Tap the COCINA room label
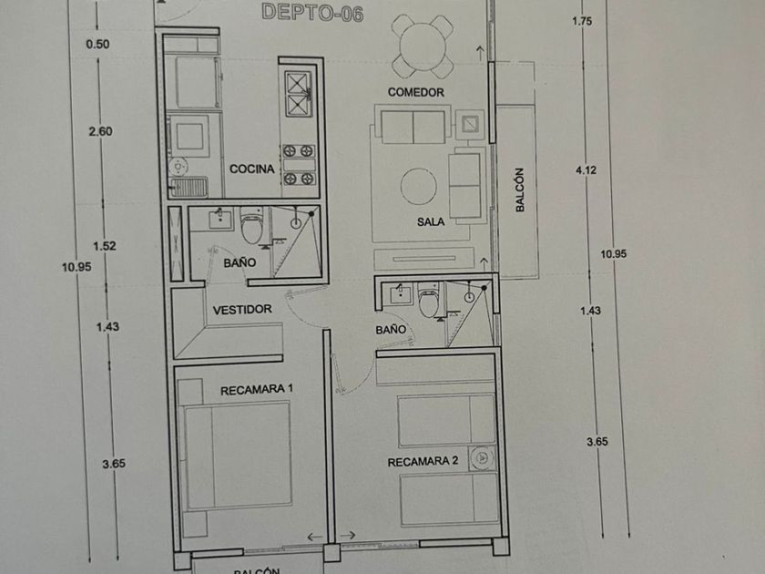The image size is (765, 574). tap(251, 169)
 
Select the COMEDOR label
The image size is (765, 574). tap(415, 93)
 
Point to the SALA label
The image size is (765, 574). tap(431, 221)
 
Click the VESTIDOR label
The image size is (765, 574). tap(242, 310)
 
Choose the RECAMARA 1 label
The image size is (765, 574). tap(257, 389)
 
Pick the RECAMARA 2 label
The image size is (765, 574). tap(423, 461)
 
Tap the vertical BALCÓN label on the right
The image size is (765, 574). tap(520, 190)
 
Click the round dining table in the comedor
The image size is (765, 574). tap(421, 45)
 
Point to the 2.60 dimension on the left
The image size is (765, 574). tap(100, 132)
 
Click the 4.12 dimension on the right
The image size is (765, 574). tap(585, 170)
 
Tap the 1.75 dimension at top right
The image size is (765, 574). tap(583, 22)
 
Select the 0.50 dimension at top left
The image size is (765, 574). tap(97, 45)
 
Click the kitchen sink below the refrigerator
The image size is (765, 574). tap(192, 187)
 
